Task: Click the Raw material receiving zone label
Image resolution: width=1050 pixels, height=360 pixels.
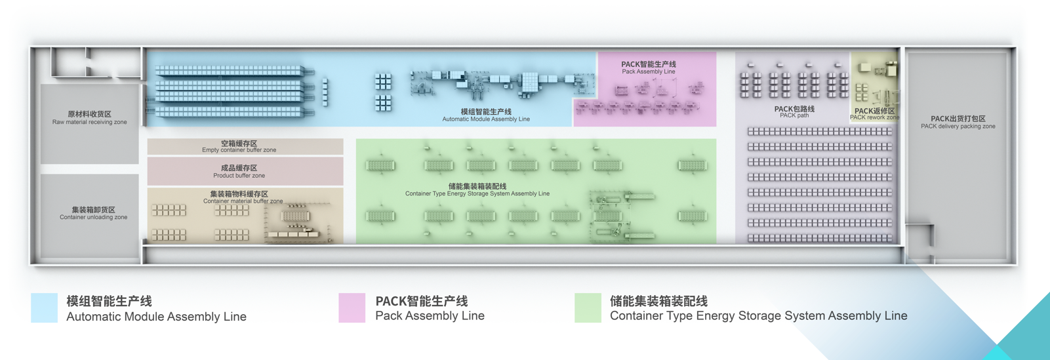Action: [x=90, y=117]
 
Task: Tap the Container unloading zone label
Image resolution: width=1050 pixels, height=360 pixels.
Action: [x=93, y=213]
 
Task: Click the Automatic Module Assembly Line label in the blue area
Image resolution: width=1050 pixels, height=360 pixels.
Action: [x=486, y=115]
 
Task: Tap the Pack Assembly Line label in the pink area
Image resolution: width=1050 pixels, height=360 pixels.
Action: [x=648, y=68]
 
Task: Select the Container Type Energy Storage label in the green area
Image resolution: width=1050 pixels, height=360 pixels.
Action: [x=477, y=190]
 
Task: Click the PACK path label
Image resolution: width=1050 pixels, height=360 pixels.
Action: [x=794, y=112]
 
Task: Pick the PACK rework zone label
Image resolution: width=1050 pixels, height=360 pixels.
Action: [x=874, y=114]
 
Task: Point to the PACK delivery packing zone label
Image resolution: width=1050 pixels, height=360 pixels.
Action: [x=958, y=122]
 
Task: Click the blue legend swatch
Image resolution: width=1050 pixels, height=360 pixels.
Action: [x=44, y=308]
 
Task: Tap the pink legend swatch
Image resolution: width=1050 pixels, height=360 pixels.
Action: [x=352, y=308]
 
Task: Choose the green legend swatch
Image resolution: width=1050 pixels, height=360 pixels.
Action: [x=588, y=308]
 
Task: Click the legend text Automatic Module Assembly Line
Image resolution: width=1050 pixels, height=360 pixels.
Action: [x=156, y=317]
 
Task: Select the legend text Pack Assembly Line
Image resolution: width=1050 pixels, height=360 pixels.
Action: [x=430, y=316]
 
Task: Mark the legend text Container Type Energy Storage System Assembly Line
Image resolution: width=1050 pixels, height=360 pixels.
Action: [x=758, y=316]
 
